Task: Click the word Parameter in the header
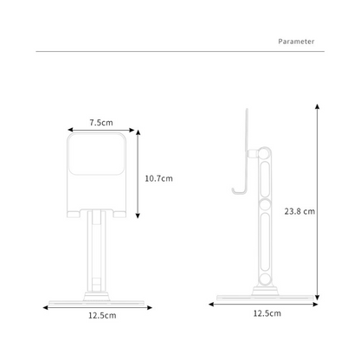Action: click(x=296, y=41)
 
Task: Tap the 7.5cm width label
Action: click(x=101, y=123)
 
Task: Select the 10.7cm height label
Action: click(x=159, y=178)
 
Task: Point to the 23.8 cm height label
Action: click(x=299, y=210)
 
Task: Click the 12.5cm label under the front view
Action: click(x=102, y=316)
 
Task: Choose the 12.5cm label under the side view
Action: click(x=267, y=312)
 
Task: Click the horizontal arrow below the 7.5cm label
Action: click(x=101, y=132)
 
